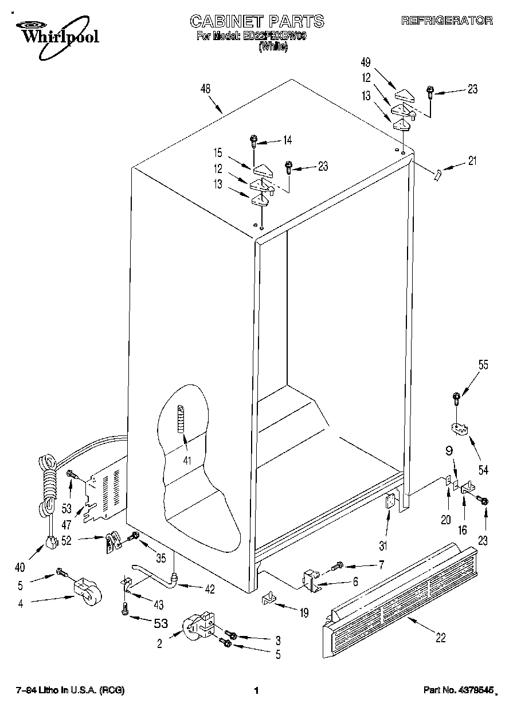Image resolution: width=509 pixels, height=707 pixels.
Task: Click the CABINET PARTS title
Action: pos(257,22)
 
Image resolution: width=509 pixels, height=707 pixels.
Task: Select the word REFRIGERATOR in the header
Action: pos(447,21)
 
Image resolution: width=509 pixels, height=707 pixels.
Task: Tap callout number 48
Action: pos(206,89)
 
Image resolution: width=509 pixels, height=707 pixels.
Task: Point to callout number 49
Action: pos(366,62)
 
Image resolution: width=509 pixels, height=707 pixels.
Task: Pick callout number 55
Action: pos(483,365)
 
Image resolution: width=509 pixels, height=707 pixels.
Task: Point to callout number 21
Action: pos(471,161)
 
